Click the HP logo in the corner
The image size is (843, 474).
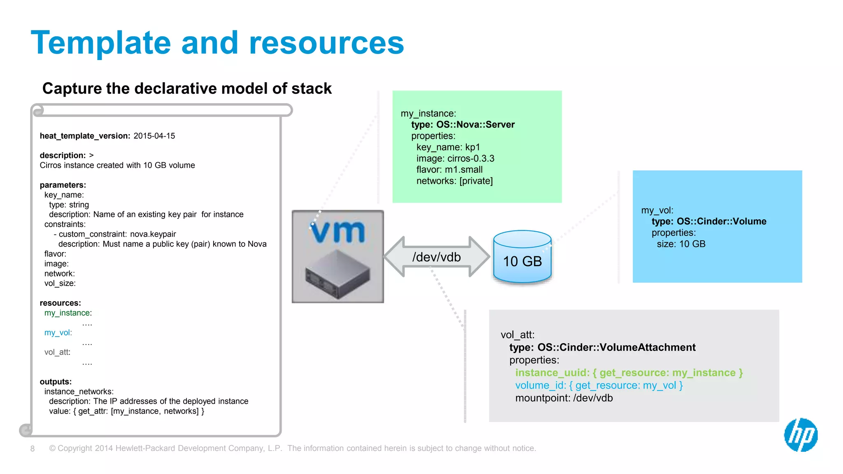[801, 435]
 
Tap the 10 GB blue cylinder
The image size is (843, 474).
[522, 258]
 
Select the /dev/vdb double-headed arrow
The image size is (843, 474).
[436, 257]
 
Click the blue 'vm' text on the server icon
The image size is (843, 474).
[338, 231]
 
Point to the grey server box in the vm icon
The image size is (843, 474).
[338, 274]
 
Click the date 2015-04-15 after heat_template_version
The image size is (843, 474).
[154, 136]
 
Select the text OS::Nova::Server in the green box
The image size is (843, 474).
[475, 125]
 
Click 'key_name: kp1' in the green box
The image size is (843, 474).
[448, 147]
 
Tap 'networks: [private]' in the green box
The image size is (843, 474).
[454, 181]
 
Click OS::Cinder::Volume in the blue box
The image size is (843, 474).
[721, 221]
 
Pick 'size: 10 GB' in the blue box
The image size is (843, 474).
[681, 244]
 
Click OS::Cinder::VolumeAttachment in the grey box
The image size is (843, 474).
[616, 347]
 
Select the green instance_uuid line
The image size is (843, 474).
[629, 373]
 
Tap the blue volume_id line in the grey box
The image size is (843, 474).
[599, 386]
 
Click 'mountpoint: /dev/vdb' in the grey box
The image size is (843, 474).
[564, 398]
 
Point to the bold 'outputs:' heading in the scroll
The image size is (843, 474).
[56, 382]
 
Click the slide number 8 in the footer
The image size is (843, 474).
[33, 448]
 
